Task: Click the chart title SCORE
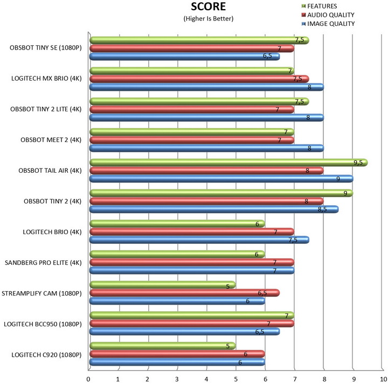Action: click(209, 7)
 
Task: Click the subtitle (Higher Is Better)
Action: click(209, 19)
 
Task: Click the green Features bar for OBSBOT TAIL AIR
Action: click(226, 162)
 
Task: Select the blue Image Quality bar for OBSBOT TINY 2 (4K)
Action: click(213, 209)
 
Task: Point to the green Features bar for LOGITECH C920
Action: click(162, 346)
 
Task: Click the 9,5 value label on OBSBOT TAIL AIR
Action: click(357, 162)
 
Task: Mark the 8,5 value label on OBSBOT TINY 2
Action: click(322, 209)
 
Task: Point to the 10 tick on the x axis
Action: click(382, 378)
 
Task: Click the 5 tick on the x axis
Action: click(235, 378)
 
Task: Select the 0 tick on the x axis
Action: click(89, 378)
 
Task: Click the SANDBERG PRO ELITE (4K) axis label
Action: click(43, 263)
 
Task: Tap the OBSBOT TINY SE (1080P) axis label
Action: click(45, 47)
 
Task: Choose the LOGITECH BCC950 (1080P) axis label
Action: click(43, 324)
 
